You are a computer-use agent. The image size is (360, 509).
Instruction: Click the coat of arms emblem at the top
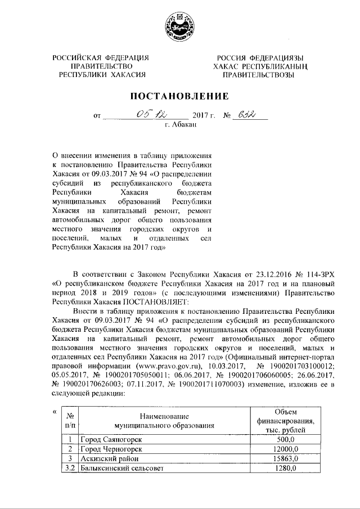[x=179, y=27]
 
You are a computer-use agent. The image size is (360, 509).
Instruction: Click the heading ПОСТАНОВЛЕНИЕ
[x=180, y=96]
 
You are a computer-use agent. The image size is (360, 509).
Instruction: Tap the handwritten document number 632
[x=247, y=116]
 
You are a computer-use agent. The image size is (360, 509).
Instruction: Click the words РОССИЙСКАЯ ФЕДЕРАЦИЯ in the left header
[x=101, y=58]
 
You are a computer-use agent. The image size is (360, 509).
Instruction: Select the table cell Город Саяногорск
[x=110, y=439]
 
